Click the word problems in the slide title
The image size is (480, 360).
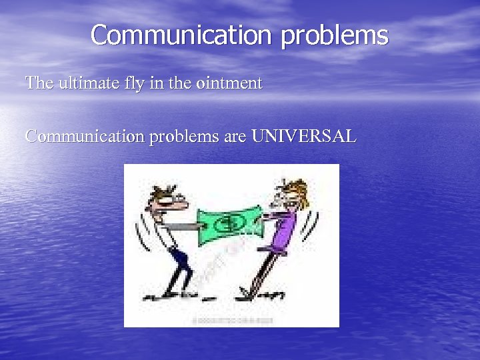point(334,36)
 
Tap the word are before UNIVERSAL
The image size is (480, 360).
point(235,137)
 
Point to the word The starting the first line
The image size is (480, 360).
point(37,83)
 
